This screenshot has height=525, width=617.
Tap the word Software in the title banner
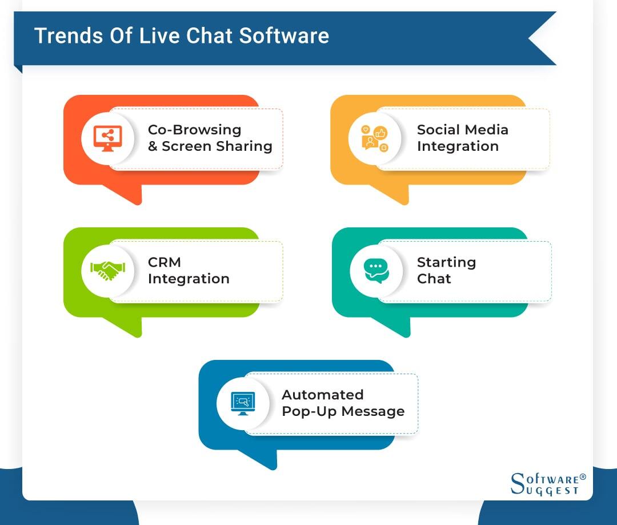coord(284,35)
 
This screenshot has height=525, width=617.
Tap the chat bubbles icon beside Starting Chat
coord(376,271)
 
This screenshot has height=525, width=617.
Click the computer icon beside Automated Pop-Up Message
coord(243,403)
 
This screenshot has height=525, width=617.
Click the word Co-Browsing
coord(194,130)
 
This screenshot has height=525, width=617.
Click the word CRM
coord(165,262)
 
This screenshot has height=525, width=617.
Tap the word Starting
coord(446,262)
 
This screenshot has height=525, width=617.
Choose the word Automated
coord(322,395)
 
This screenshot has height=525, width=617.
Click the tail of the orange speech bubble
coord(129,194)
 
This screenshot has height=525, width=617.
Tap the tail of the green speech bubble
coord(129,327)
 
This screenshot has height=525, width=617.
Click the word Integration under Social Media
coord(458,146)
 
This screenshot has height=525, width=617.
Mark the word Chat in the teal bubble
coord(434,279)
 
